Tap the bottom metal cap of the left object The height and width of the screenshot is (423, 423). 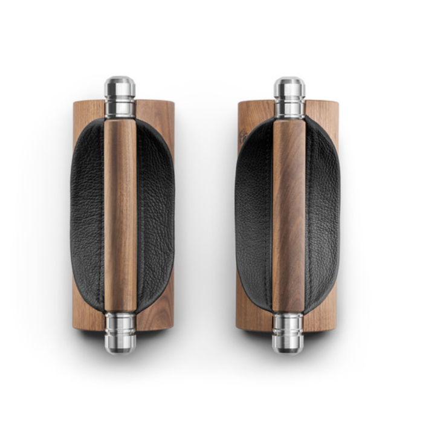[x=120, y=332]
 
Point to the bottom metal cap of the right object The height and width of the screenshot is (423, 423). [x=288, y=332]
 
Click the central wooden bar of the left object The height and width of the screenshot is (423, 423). [x=120, y=215]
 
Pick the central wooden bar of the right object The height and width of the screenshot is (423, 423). [x=288, y=215]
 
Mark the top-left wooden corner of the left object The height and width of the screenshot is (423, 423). [x=80, y=108]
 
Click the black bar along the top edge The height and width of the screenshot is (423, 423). [x=211, y=16]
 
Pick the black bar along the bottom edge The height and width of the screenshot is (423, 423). [x=211, y=406]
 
